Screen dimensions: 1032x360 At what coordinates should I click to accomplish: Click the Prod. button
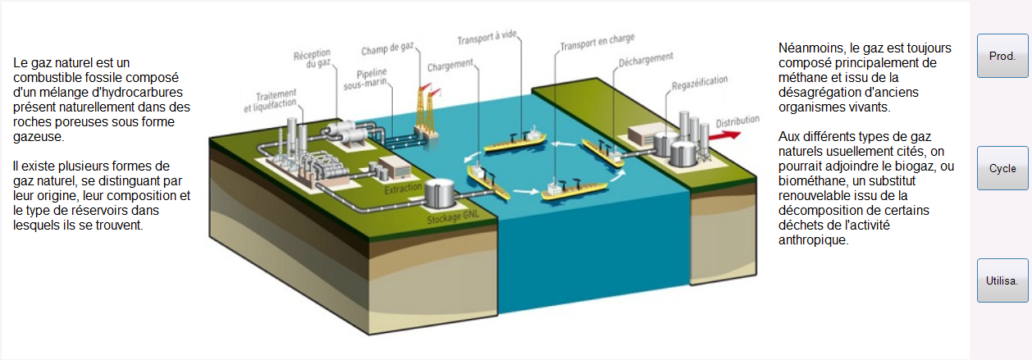[x=1002, y=56]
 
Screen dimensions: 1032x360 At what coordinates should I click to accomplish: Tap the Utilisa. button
[x=1002, y=280]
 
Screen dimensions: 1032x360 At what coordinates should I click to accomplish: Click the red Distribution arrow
[x=725, y=135]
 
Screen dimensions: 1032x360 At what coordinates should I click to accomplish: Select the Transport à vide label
[x=487, y=38]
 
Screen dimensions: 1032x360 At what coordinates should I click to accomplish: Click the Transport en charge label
[x=597, y=42]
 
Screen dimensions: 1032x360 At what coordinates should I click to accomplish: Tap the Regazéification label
[x=700, y=83]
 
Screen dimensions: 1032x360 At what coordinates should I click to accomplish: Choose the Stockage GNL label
[x=453, y=216]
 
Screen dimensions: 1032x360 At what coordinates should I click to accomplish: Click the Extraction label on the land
[x=403, y=189]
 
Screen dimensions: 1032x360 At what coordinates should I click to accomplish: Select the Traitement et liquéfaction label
[x=271, y=101]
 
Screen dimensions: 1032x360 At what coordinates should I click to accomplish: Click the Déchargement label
[x=646, y=60]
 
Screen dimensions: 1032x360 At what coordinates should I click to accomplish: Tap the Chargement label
[x=450, y=66]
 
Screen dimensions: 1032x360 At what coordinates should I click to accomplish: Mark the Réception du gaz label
[x=313, y=59]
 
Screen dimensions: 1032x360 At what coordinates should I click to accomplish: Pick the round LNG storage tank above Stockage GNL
[x=439, y=194]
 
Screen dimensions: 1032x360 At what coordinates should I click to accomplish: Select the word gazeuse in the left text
[x=39, y=137]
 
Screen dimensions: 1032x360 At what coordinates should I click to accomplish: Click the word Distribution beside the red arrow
[x=737, y=121]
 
